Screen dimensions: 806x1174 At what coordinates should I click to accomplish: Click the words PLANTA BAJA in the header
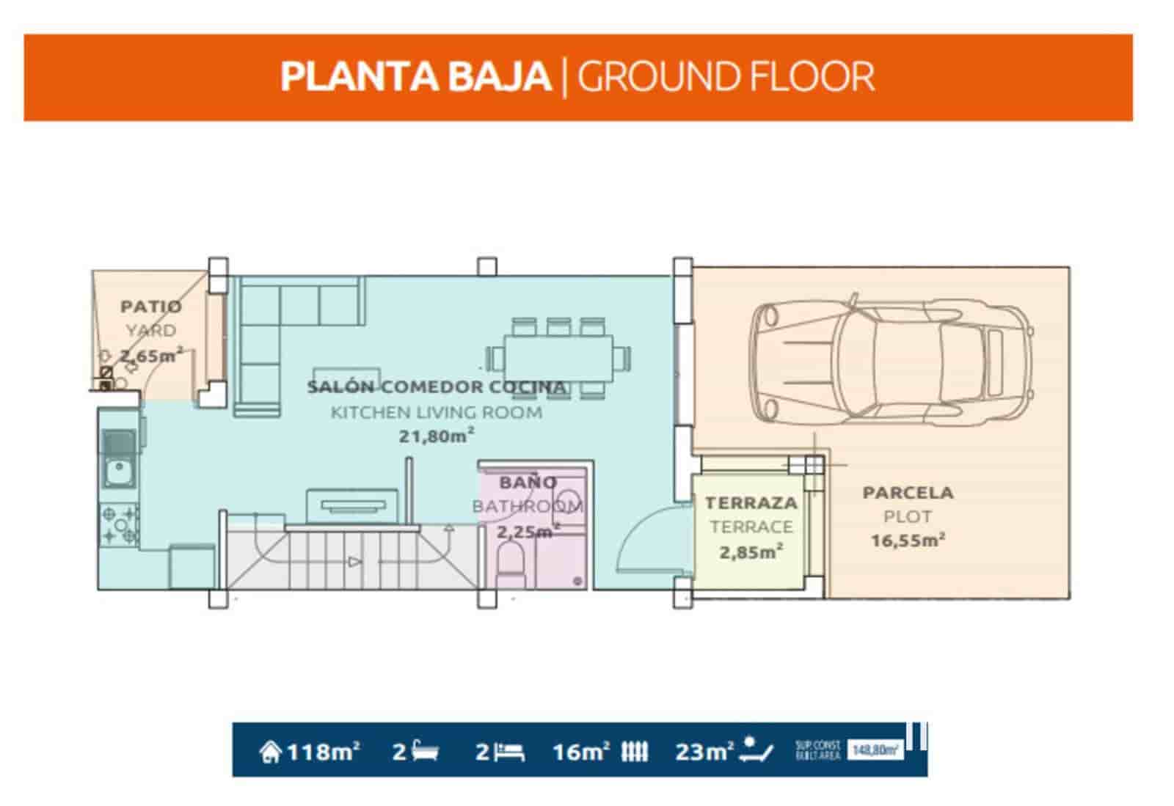point(415,77)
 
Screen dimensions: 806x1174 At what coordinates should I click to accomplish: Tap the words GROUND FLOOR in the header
point(726,77)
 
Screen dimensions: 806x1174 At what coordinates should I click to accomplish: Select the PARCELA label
point(908,493)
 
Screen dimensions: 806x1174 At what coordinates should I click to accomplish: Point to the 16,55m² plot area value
point(908,541)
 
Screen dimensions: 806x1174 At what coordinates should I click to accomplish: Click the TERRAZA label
point(751,503)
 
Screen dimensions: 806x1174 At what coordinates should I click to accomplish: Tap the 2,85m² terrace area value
point(751,552)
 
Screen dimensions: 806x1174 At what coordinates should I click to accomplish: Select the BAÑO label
point(528,483)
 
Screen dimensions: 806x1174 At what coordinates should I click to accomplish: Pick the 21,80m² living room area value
point(436,436)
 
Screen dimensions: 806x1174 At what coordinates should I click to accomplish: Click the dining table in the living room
point(558,359)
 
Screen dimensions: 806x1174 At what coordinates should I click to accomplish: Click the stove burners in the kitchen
point(119,525)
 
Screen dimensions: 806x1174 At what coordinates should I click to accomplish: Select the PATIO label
point(150,307)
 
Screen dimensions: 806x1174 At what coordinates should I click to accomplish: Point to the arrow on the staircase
point(354,562)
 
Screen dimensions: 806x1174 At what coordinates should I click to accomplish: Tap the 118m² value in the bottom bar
point(322,752)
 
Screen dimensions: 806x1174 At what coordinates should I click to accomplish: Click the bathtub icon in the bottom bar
point(426,752)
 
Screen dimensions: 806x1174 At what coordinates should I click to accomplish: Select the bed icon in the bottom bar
point(509,752)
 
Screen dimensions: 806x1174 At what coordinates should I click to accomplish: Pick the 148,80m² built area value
point(875,750)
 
